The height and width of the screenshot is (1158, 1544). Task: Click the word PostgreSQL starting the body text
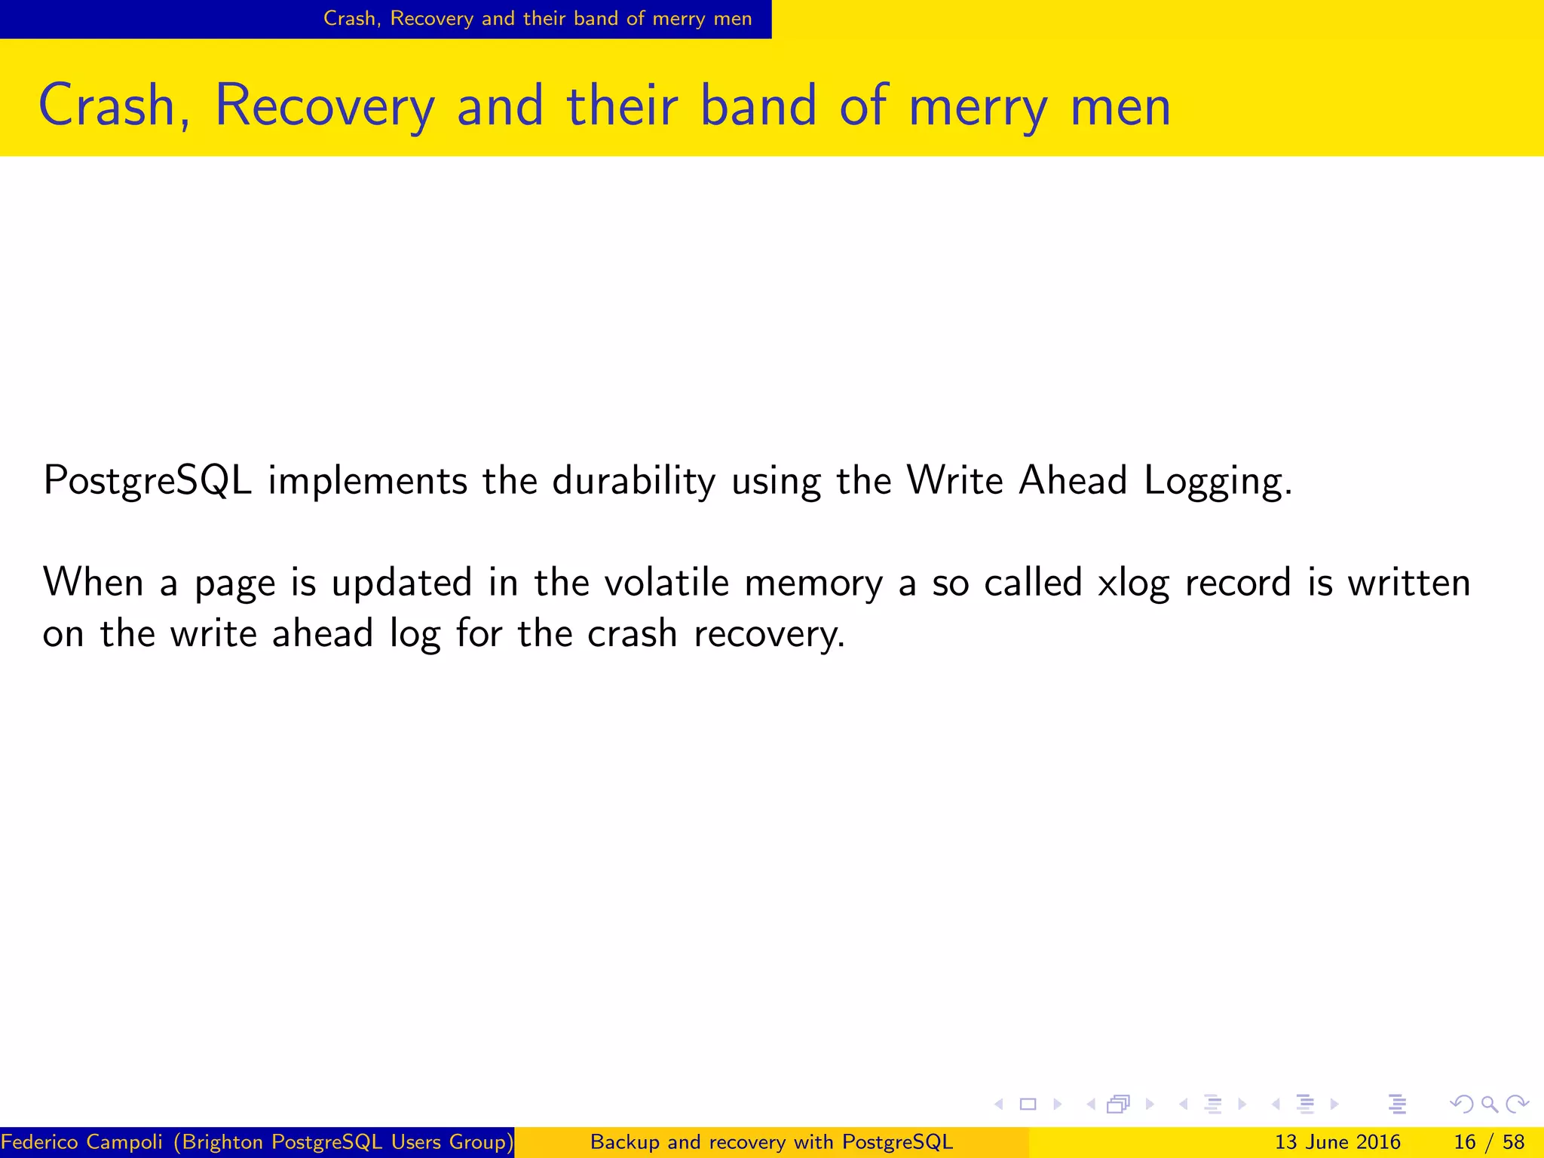[x=147, y=480]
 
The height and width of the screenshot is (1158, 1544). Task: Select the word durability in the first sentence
[x=633, y=480]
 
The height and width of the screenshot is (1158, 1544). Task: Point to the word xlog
[x=1132, y=583]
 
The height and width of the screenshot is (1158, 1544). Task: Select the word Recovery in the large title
[x=325, y=106]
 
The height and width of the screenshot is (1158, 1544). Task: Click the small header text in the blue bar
[x=538, y=18]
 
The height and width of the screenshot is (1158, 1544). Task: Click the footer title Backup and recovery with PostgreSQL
[x=771, y=1142]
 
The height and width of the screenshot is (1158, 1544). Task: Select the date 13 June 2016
[x=1337, y=1142]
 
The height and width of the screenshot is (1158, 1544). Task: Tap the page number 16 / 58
[x=1489, y=1142]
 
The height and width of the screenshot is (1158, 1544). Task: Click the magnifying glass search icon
[x=1489, y=1104]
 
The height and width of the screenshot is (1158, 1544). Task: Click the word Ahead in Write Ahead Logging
[x=1072, y=480]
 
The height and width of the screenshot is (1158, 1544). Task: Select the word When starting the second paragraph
[x=93, y=583]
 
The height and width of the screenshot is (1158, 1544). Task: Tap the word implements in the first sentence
[x=367, y=480]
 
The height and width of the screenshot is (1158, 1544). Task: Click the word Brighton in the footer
[x=223, y=1142]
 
